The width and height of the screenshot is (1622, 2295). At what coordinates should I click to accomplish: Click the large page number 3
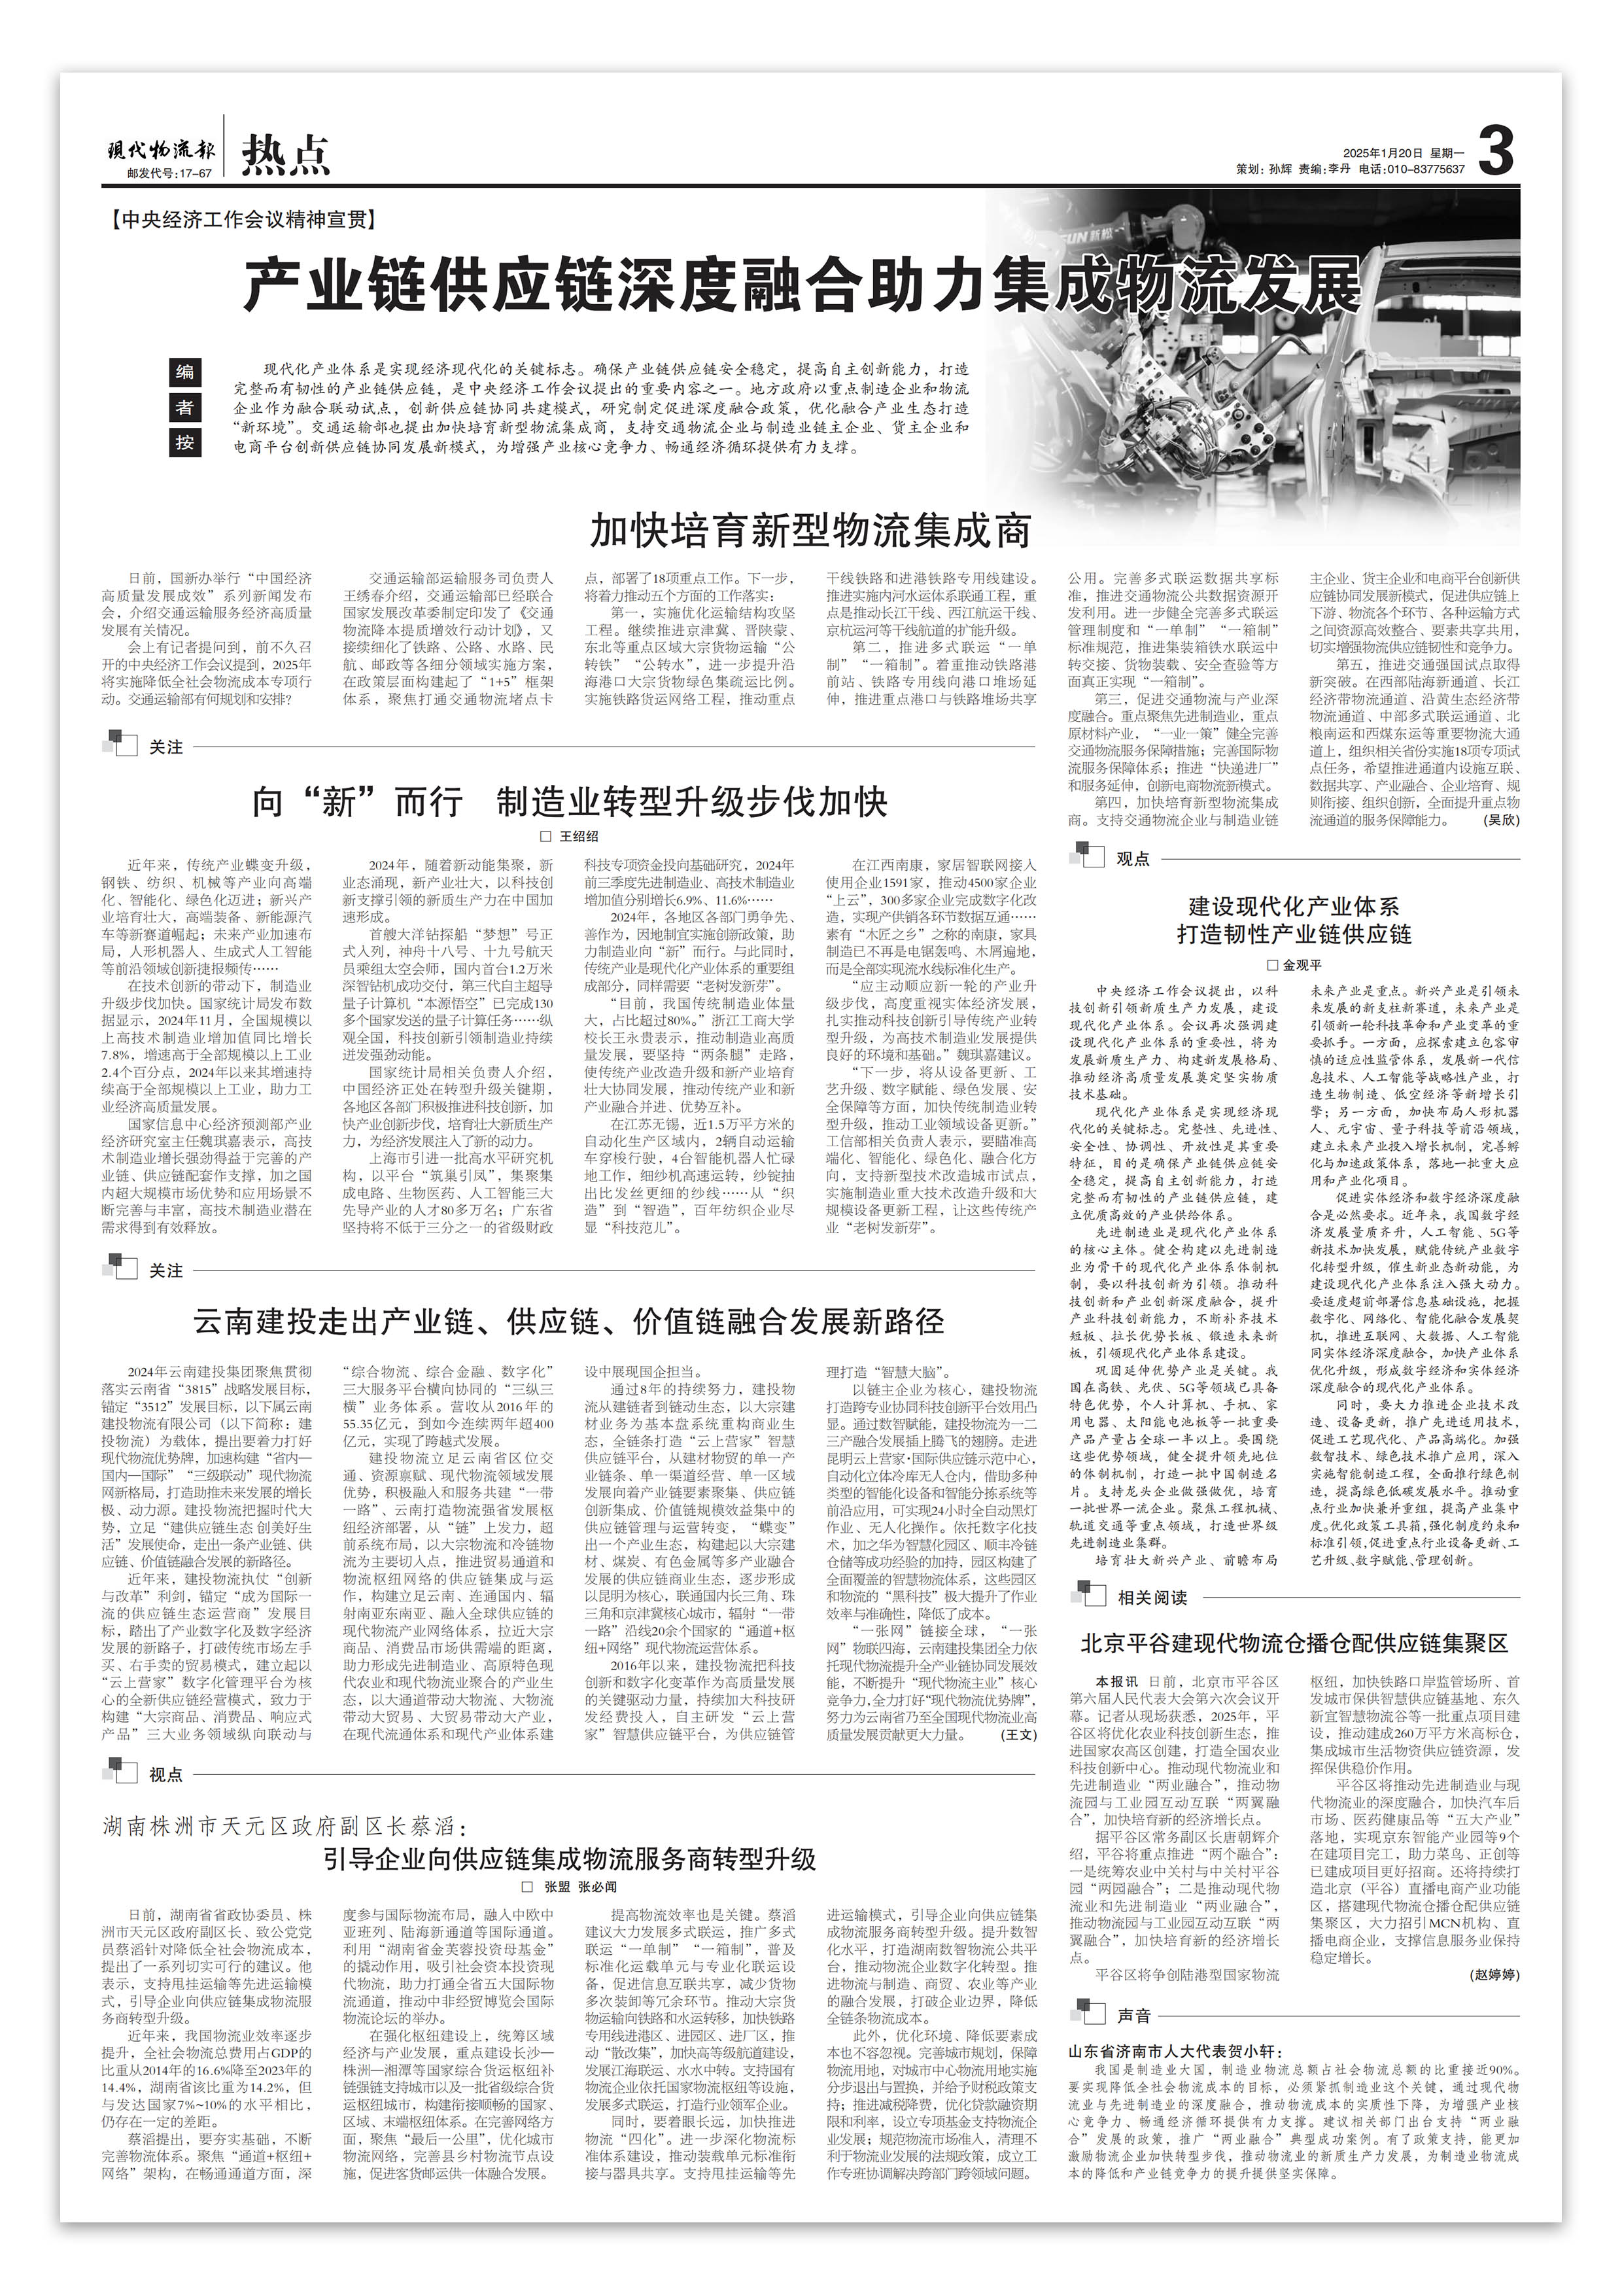(1496, 151)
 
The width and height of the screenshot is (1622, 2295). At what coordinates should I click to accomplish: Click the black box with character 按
(185, 442)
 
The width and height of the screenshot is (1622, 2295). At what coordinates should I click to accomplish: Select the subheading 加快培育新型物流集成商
(810, 531)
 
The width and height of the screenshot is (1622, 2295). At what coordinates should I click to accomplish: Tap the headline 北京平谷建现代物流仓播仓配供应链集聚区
(1294, 1643)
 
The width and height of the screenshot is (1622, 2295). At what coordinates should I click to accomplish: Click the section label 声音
(1133, 1988)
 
